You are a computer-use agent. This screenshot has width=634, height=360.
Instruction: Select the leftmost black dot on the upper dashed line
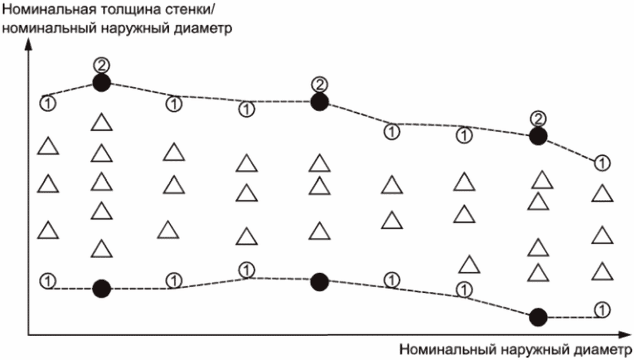click(x=101, y=82)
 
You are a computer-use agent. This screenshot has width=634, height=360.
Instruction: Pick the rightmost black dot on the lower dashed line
click(x=537, y=317)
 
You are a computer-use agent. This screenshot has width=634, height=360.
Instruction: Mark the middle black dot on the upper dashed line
click(x=320, y=102)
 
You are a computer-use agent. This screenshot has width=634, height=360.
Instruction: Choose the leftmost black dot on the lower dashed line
click(x=101, y=288)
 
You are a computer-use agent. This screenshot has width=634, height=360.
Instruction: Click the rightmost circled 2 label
click(x=537, y=118)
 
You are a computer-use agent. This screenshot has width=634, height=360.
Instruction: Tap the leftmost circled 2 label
click(x=101, y=64)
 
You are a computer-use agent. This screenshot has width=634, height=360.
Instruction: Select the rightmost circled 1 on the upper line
click(x=602, y=162)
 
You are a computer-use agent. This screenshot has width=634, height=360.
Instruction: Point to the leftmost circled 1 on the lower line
click(x=47, y=280)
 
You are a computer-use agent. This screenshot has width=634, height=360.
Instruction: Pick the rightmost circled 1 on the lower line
click(x=602, y=309)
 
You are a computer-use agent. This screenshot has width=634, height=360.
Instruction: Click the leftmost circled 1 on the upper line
click(x=47, y=101)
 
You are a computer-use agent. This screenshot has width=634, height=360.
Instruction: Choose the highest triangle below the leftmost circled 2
click(x=101, y=122)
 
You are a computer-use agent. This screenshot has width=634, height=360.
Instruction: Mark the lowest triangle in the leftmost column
click(x=48, y=230)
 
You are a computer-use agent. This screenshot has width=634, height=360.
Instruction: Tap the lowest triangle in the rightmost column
click(x=602, y=271)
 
